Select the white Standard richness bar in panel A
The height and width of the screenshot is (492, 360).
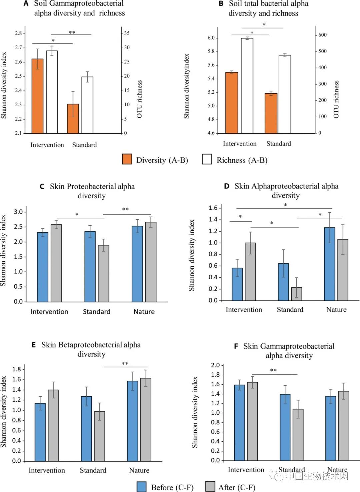click(87, 105)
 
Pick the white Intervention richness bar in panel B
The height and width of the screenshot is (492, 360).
click(247, 86)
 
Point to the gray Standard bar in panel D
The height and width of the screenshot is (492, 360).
click(296, 294)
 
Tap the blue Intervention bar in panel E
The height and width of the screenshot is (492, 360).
click(40, 432)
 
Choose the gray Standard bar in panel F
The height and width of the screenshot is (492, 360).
click(298, 435)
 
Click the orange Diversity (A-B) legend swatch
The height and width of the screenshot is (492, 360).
click(127, 159)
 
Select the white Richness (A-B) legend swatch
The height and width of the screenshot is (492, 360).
click(207, 159)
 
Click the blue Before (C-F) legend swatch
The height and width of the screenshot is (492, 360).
click(142, 487)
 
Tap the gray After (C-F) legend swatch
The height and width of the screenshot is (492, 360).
click(210, 487)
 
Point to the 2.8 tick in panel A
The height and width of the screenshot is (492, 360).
click(18, 33)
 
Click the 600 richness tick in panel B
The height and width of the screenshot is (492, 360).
click(322, 35)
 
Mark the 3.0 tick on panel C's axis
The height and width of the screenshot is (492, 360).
click(18, 212)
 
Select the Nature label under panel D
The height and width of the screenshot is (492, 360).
click(336, 310)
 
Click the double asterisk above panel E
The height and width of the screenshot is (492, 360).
click(125, 364)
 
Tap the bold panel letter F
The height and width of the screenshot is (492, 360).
click(236, 347)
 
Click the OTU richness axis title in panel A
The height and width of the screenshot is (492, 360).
click(139, 99)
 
